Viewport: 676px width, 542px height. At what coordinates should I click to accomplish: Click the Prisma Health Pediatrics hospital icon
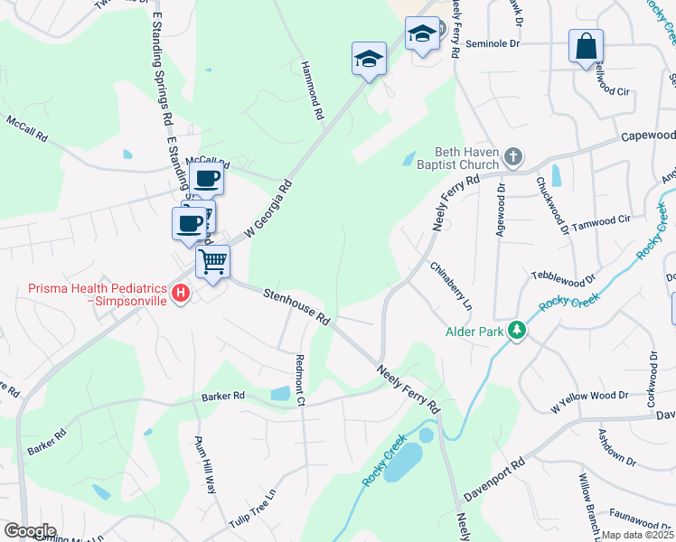[x=181, y=294]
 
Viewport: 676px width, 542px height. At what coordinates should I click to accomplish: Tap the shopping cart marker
[x=213, y=263]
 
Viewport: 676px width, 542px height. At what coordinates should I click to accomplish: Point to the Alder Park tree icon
[x=516, y=332]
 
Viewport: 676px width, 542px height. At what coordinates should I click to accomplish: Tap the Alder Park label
[x=474, y=332]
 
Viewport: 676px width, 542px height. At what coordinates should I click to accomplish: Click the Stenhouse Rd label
[x=296, y=306]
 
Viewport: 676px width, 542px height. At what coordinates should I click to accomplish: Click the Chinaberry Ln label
[x=451, y=286]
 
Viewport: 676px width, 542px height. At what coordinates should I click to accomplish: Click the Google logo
[x=30, y=531]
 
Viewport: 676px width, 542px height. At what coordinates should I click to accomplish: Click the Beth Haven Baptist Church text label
[x=466, y=158]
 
